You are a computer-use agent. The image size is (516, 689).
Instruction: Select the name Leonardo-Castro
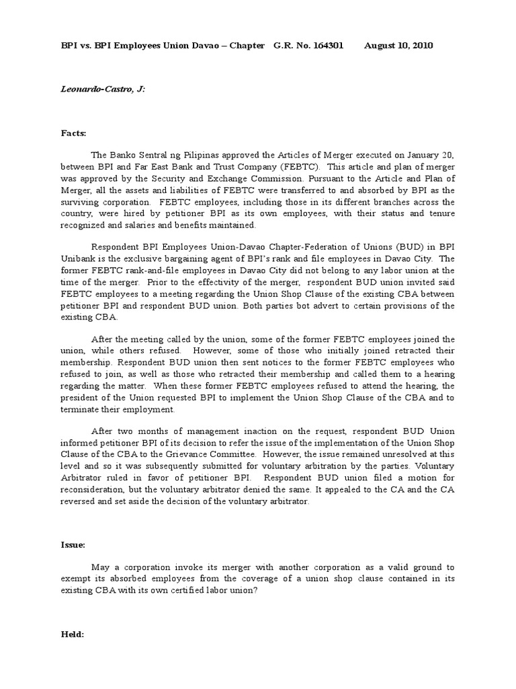[x=95, y=89]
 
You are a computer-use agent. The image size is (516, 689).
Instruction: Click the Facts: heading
[x=74, y=133]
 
